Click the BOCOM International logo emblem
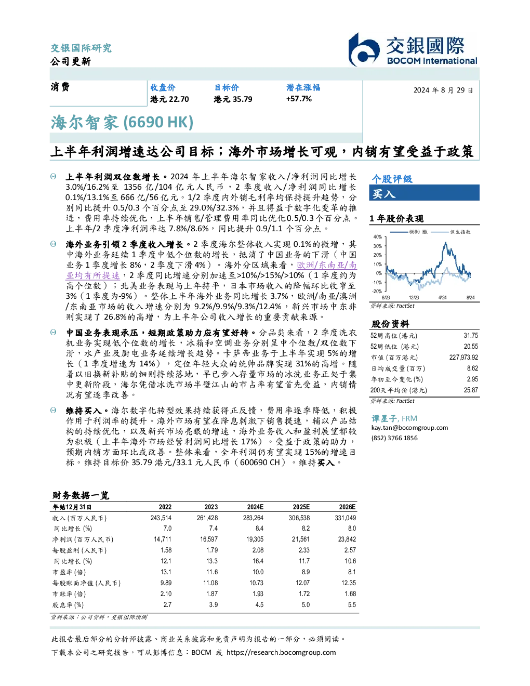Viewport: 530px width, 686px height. tap(363, 49)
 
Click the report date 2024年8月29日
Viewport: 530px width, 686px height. tap(443, 90)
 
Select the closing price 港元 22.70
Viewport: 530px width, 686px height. tap(169, 99)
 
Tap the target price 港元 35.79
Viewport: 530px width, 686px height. tap(233, 99)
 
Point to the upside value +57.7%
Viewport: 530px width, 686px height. tap(299, 99)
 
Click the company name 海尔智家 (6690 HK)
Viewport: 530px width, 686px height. tap(122, 122)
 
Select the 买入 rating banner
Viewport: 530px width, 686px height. tap(424, 193)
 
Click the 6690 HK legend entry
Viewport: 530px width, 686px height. tap(409, 232)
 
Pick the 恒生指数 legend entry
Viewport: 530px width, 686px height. tap(451, 232)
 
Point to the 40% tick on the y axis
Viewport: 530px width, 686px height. tap(378, 237)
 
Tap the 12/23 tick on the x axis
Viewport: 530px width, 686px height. tap(414, 297)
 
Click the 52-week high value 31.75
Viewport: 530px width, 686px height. tap(471, 336)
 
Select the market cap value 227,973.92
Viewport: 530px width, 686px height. tap(463, 358)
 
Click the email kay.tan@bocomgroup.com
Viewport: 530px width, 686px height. tap(409, 428)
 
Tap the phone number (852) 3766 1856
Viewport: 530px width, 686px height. tap(394, 438)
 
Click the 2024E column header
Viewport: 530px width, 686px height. tap(255, 507)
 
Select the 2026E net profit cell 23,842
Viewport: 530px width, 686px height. tap(347, 539)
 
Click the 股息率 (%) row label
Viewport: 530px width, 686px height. tap(68, 605)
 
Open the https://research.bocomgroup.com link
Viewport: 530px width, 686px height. tap(281, 653)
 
